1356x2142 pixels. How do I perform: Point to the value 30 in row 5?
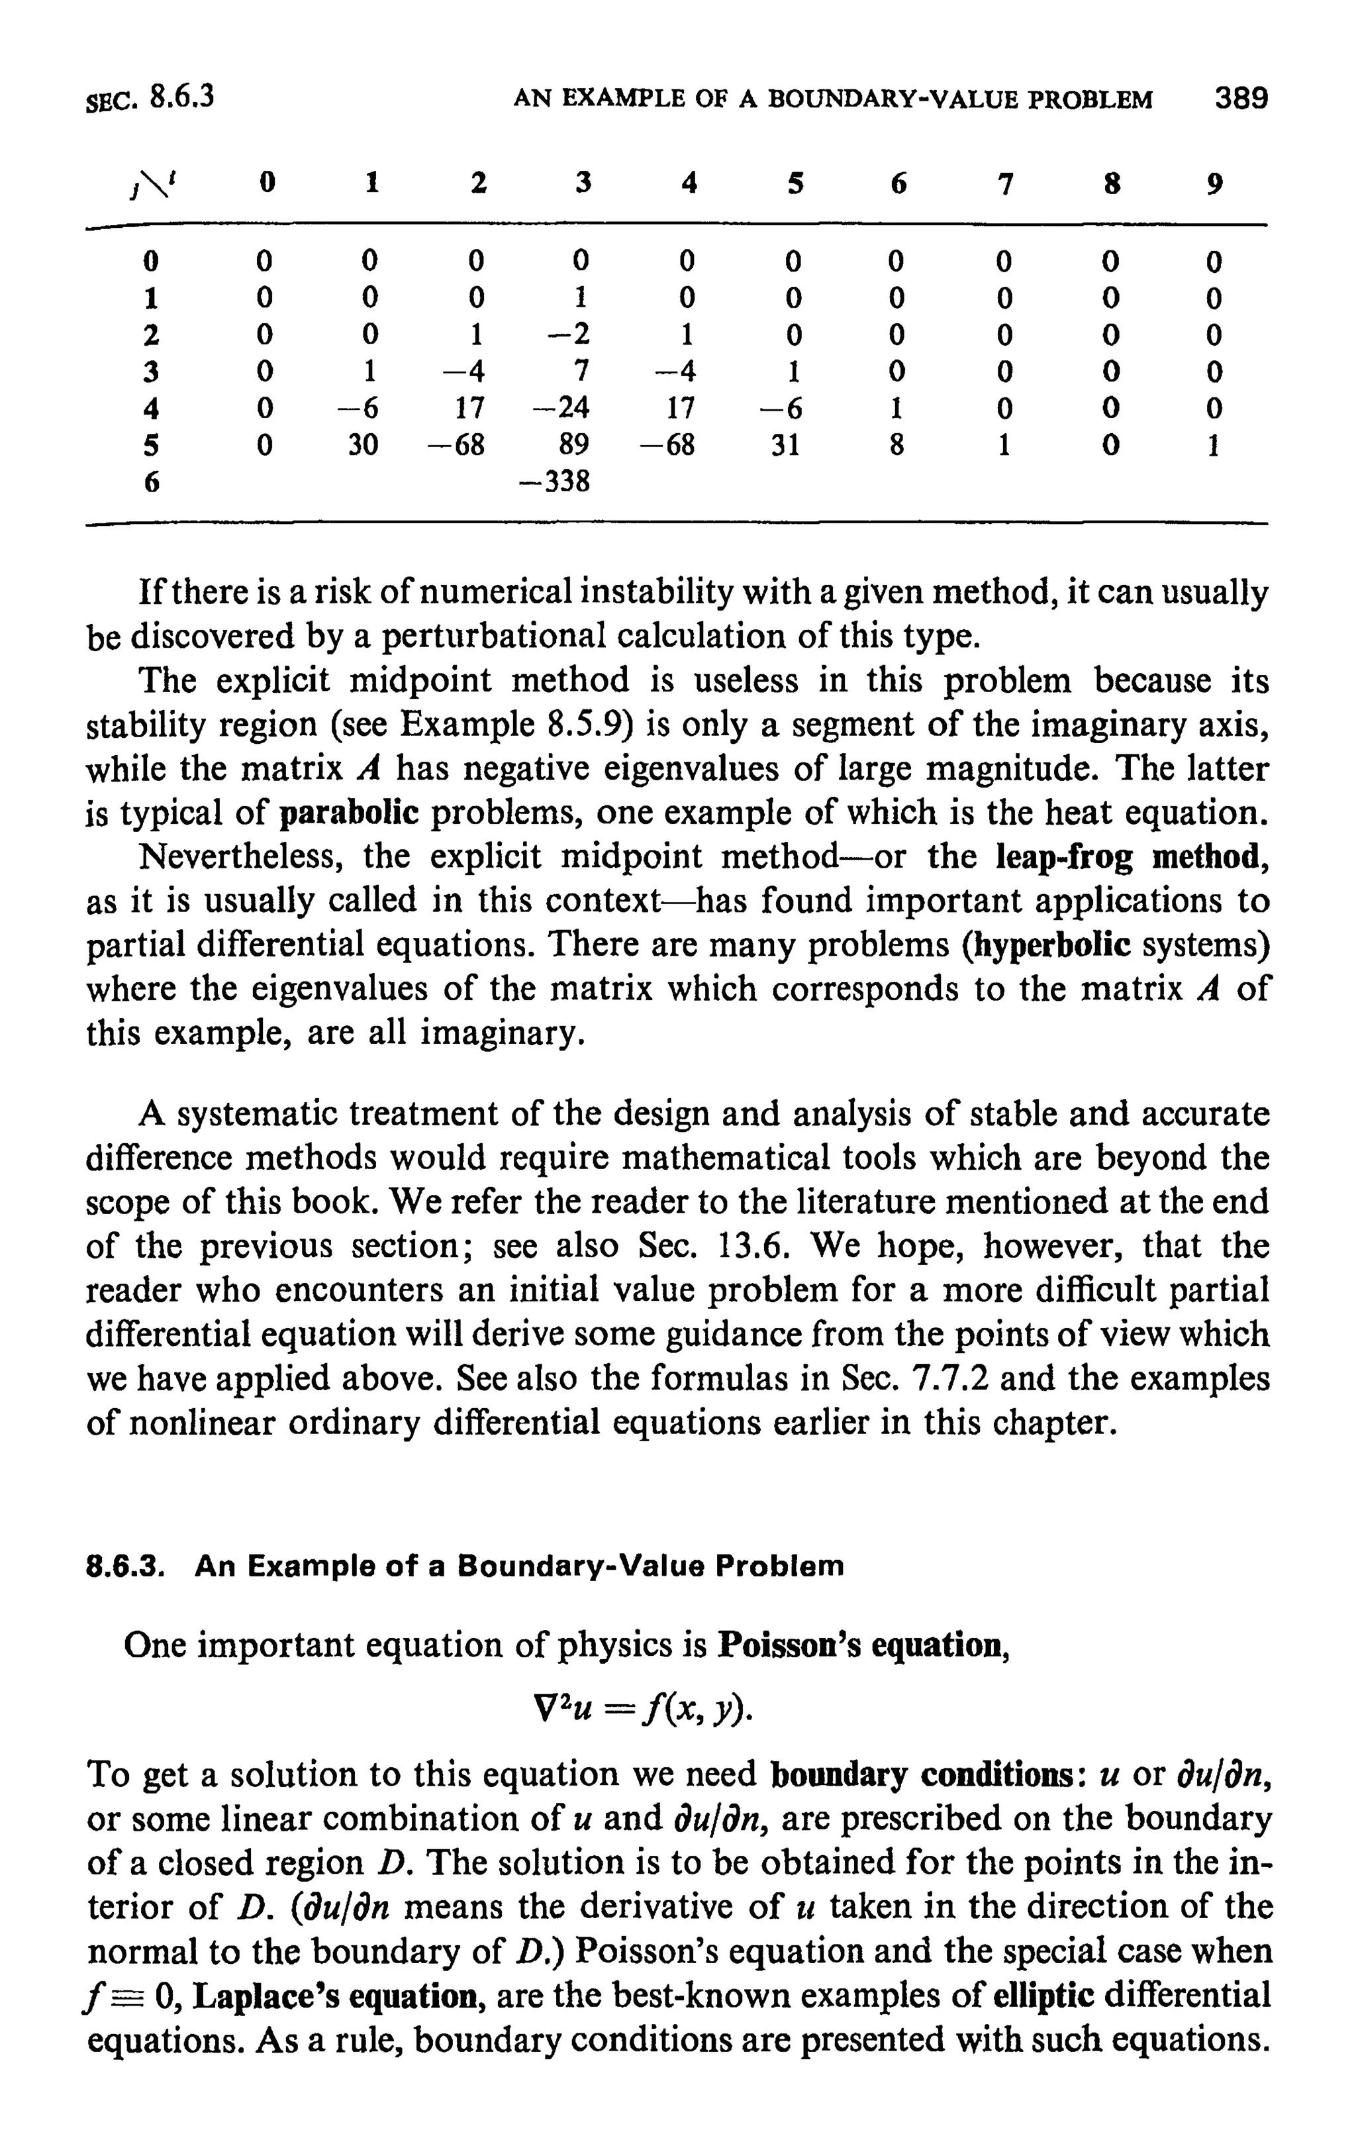coord(362,445)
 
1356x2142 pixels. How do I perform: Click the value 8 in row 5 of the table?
coord(896,445)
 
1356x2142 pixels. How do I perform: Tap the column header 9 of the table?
coord(1214,183)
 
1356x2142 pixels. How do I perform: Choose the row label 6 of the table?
coord(152,482)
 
